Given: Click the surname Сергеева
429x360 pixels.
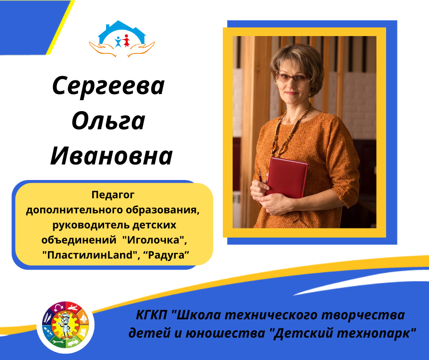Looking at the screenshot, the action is click(x=108, y=86).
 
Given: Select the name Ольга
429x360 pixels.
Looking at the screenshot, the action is click(x=108, y=121).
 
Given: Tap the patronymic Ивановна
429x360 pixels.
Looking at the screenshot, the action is click(x=111, y=156).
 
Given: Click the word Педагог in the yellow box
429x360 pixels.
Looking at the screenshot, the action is click(x=113, y=195).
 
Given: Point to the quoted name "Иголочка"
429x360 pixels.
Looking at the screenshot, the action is click(x=154, y=240).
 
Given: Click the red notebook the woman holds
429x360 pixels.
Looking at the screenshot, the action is click(x=287, y=177).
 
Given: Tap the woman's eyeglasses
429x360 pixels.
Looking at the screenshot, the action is click(x=292, y=78).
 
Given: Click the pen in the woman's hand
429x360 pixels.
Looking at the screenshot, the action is click(x=260, y=175).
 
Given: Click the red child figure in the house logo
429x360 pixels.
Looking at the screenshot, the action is click(x=126, y=41).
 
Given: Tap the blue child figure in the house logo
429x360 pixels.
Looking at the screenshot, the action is click(x=118, y=42).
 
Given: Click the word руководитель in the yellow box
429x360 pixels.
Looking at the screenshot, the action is click(x=91, y=225).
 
